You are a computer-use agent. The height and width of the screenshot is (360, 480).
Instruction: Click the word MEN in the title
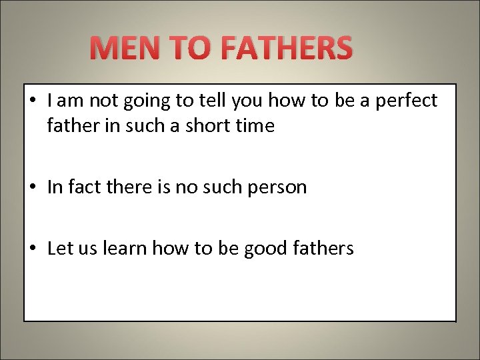125,49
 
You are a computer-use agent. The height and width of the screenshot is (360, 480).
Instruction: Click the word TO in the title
190,49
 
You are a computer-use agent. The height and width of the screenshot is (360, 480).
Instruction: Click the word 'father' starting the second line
69,125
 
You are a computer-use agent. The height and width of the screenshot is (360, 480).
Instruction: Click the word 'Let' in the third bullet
59,249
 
